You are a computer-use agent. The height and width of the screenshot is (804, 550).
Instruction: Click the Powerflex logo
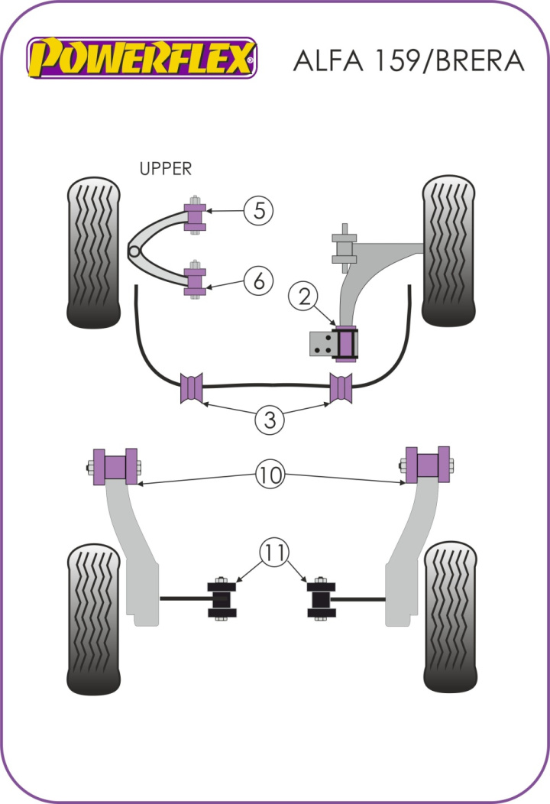142,57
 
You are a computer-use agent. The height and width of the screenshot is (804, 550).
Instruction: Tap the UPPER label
166,169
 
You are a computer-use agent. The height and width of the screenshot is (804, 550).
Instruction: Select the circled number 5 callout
259,210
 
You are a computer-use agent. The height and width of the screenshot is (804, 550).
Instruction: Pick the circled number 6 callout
259,282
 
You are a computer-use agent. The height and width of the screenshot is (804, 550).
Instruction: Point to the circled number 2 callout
303,297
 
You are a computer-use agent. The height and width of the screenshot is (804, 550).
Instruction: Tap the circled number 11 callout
275,551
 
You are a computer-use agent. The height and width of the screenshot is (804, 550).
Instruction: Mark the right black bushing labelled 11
321,598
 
